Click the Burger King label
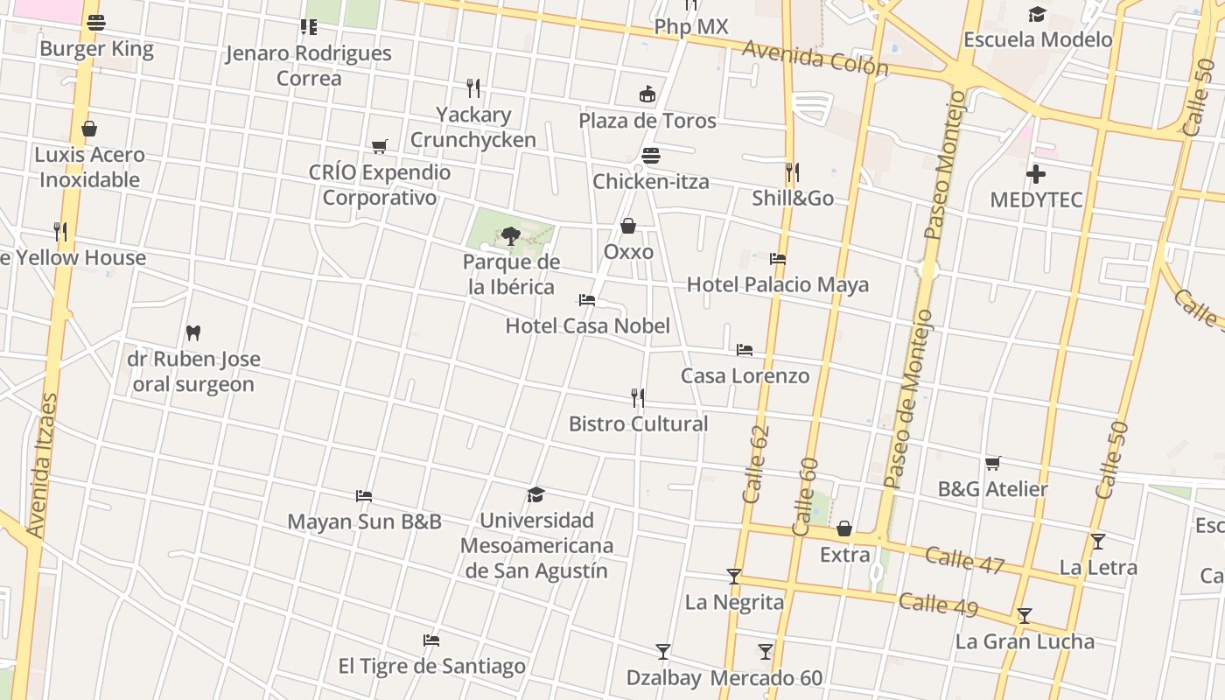(96, 48)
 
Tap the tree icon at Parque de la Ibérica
(511, 235)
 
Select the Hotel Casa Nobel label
(587, 325)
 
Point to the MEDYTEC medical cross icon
(1036, 174)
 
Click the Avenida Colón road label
(815, 58)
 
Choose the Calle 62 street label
(755, 464)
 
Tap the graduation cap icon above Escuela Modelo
(1037, 14)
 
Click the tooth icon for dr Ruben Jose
(193, 332)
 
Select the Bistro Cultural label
(638, 423)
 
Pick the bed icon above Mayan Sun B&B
(364, 496)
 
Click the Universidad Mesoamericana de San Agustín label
(535, 545)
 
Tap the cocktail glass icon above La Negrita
(734, 577)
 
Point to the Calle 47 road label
(964, 560)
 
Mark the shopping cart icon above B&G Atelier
(992, 463)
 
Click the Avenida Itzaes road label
(42, 465)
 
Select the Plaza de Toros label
(647, 120)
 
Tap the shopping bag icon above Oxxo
(628, 227)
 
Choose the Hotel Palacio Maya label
(777, 284)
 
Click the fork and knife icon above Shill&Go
(792, 171)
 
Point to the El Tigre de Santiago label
(431, 666)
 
